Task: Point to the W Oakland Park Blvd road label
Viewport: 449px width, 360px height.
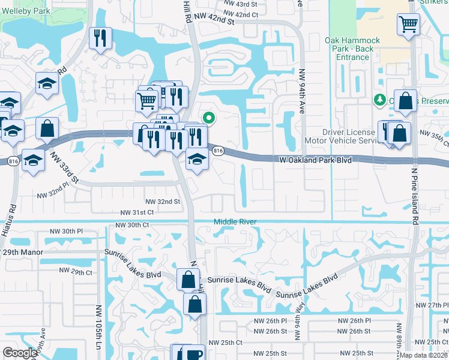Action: tap(315, 160)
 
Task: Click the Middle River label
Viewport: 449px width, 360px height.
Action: tap(236, 222)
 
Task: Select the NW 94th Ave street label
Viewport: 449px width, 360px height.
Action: tap(302, 90)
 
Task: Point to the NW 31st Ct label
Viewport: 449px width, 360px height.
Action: tap(137, 212)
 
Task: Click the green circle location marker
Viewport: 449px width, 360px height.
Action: tap(208, 118)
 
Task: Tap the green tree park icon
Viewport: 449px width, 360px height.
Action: tap(379, 100)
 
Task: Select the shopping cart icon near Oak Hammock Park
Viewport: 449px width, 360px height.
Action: tap(408, 25)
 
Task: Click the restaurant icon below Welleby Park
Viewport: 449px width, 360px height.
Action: tap(100, 38)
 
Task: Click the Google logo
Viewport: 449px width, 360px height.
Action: tap(20, 353)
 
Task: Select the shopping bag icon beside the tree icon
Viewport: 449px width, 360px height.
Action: tap(406, 102)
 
